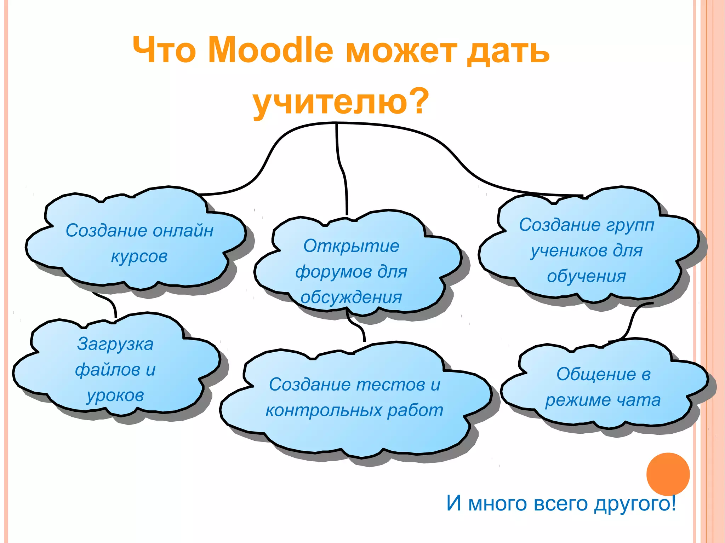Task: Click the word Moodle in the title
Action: (x=270, y=50)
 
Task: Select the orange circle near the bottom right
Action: (x=668, y=474)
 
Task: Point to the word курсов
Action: (x=139, y=256)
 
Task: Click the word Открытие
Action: (x=351, y=246)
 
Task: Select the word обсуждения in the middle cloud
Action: (x=351, y=297)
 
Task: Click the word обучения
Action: (x=587, y=276)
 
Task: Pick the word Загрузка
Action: (x=115, y=344)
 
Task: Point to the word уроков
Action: (x=115, y=395)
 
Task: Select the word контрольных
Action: (x=324, y=410)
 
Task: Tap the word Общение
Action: (x=596, y=374)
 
